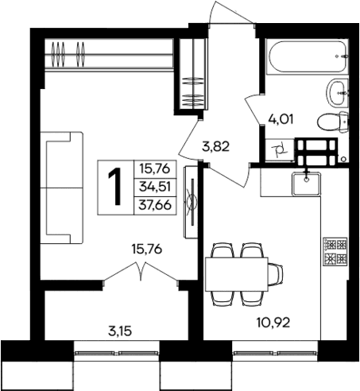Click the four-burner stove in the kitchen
coord(334,250)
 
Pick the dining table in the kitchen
coord(237,275)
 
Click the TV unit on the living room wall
coord(190,202)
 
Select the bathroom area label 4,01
coord(279,122)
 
